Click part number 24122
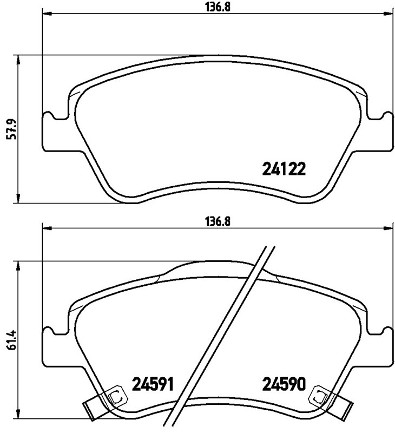coord(285,169)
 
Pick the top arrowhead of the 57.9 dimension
coord(19,59)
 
